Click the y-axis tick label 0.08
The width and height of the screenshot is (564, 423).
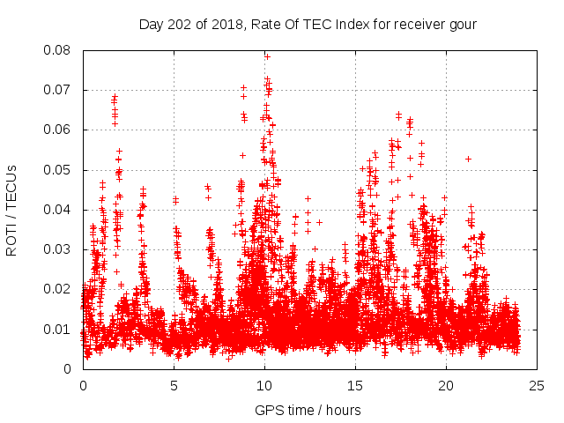(x=63, y=50)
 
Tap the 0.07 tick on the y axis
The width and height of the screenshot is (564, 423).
(x=63, y=90)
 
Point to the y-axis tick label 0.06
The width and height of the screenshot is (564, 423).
(x=63, y=130)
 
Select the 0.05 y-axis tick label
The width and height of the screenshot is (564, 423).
(x=63, y=169)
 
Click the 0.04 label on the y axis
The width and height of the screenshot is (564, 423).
(x=63, y=210)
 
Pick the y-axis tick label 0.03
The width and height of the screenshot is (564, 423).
(x=63, y=249)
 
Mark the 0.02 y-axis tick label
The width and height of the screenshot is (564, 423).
(x=63, y=289)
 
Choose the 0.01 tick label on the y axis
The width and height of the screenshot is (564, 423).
(x=63, y=329)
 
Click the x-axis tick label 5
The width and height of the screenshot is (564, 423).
(x=174, y=385)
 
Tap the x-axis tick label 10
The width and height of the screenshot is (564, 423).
(x=264, y=385)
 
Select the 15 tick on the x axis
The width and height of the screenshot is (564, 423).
(x=355, y=385)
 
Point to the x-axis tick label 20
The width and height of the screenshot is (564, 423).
(x=446, y=385)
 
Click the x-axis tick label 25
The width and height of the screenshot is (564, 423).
(x=537, y=385)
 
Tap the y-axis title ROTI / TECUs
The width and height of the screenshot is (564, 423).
(x=12, y=210)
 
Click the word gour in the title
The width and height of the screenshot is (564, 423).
(x=462, y=24)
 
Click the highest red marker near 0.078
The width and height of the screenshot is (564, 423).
(x=267, y=56)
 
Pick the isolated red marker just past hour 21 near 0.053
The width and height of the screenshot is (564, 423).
(x=468, y=159)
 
